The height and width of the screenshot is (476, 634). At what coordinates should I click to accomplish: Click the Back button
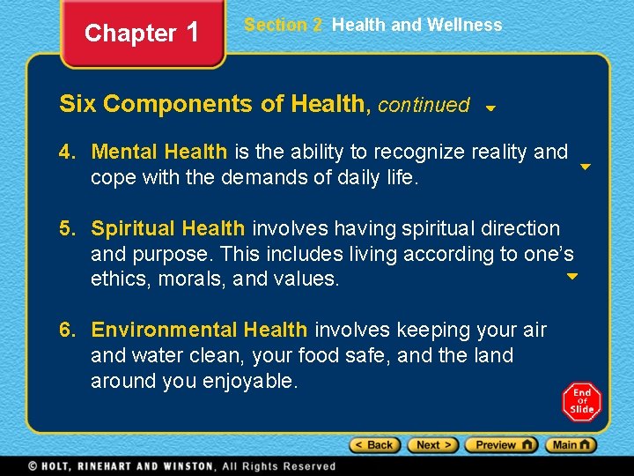[375, 445]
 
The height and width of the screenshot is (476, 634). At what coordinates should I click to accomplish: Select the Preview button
[501, 445]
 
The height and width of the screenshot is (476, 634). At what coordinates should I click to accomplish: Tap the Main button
[571, 445]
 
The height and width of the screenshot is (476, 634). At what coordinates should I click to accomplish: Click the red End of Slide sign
[582, 401]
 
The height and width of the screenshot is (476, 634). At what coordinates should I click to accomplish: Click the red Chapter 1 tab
[143, 33]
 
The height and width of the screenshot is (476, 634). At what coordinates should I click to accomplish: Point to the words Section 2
[284, 25]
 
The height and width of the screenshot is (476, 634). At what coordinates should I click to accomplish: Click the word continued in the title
[424, 105]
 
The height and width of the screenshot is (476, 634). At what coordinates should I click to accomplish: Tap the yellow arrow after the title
[490, 109]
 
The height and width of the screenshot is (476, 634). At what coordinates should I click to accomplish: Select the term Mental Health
[158, 152]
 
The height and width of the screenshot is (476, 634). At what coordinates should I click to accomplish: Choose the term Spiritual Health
[168, 229]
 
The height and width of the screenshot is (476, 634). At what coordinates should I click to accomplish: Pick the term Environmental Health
[199, 331]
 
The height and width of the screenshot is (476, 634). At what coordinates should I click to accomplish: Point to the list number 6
[66, 331]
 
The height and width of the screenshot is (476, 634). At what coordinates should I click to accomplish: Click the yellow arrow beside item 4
[585, 166]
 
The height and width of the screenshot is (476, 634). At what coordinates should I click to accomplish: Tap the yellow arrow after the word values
[571, 277]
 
